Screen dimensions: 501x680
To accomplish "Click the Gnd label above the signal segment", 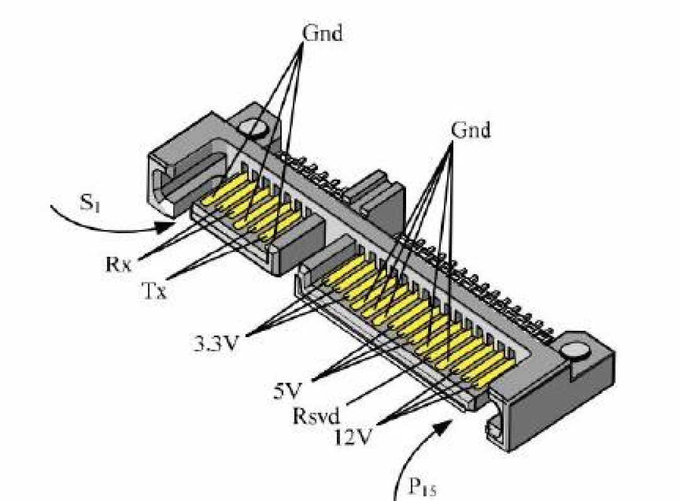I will point(323,33).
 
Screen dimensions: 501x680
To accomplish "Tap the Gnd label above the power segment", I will point(471,130).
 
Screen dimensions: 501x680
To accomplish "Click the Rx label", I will point(119,262).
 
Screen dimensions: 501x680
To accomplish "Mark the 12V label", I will point(353,435).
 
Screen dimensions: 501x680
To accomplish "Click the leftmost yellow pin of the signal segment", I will point(217,195).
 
